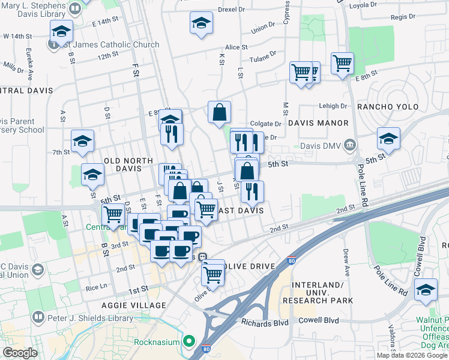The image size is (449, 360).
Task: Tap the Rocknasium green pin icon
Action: point(190,342)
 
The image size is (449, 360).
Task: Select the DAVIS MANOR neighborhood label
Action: point(318,123)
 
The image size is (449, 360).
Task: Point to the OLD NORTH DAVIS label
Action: point(130,161)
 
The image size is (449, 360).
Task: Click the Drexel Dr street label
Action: point(214,10)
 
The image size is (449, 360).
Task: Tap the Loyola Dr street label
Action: point(362,5)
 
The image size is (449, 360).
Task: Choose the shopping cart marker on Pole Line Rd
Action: point(342,63)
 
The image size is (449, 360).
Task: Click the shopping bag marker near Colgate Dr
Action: point(219,112)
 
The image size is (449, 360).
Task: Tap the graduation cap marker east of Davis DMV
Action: point(388,139)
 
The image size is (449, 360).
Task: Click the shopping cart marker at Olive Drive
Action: point(213,274)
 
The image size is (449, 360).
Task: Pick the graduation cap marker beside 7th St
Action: point(82,141)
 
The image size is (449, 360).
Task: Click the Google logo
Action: point(20,353)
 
